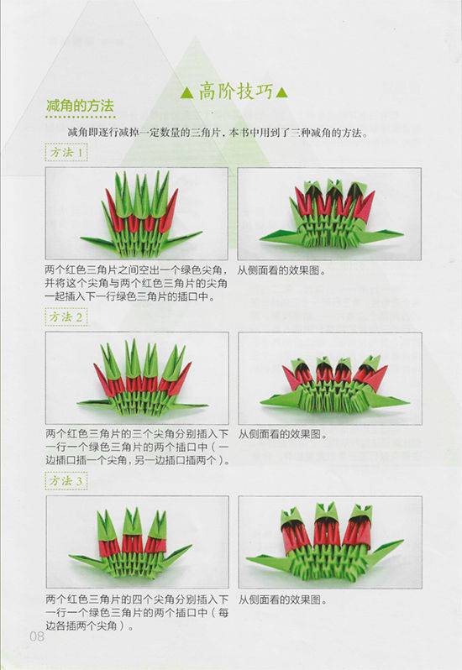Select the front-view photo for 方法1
(x=136, y=213)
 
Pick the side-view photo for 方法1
(x=329, y=213)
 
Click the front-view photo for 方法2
(x=136, y=378)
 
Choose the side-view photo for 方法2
(x=329, y=378)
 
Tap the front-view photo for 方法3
(x=136, y=542)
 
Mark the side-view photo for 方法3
(x=329, y=542)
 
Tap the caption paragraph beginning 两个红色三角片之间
(x=136, y=283)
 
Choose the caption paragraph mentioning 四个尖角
(x=136, y=613)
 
